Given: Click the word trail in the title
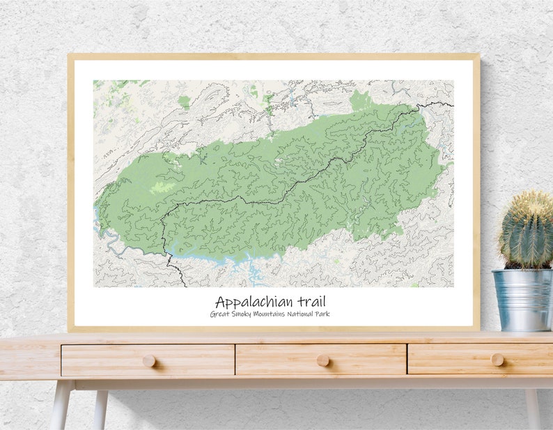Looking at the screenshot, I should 310,302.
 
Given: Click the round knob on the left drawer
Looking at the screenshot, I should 149,360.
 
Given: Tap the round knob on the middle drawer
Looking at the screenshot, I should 322,360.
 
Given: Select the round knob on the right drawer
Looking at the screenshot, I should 497,360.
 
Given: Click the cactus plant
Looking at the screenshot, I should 527,231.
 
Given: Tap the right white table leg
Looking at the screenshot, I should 533,411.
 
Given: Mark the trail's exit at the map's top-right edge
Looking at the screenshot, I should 452,105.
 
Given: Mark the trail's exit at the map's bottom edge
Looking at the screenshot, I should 185,285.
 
